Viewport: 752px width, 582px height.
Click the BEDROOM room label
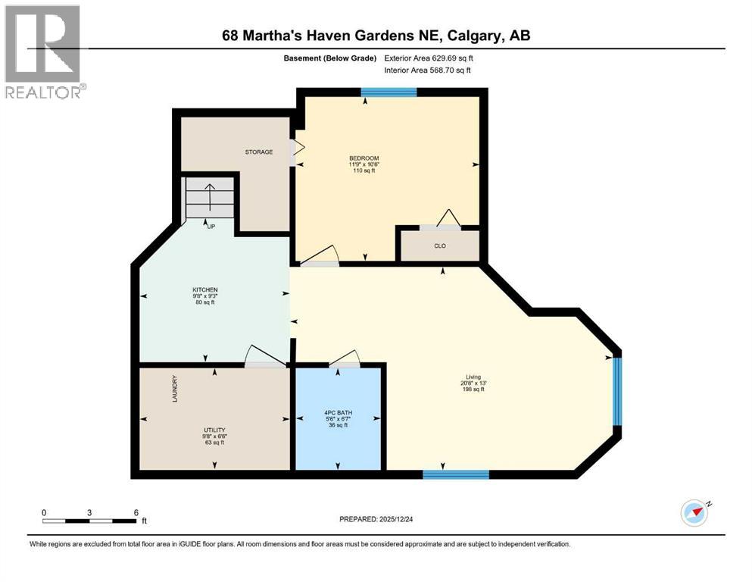pos(359,158)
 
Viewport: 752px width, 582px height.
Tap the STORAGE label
pos(258,152)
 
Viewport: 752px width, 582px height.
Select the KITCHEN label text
pos(204,290)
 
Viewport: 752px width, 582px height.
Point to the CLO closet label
pos(439,246)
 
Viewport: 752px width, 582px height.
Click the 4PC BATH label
pos(337,413)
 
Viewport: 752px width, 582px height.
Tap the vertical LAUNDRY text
pos(174,389)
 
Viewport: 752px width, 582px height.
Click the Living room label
pos(474,377)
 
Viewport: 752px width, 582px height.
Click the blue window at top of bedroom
pos(388,92)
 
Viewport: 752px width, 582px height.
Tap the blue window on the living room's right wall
pos(616,391)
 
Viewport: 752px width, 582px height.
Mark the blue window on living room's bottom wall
pos(455,474)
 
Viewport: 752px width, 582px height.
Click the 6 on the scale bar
pos(136,512)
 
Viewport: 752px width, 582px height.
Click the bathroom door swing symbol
pos(345,358)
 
